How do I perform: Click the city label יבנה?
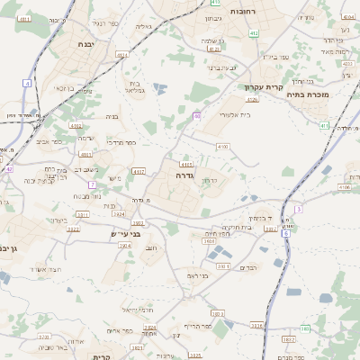point(85,43)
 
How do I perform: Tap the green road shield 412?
point(229,32)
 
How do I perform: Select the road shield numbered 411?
point(324,125)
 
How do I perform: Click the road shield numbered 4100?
point(222,146)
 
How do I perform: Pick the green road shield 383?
point(304,328)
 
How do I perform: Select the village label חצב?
point(151,247)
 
